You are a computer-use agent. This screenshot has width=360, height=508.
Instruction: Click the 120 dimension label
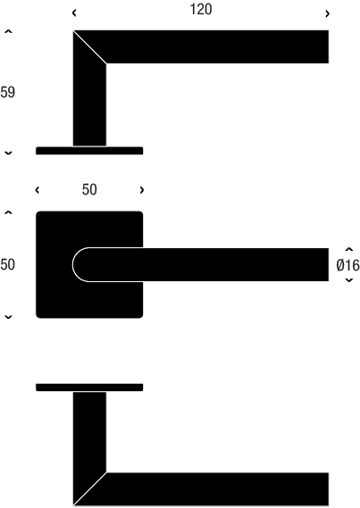pyautogui.click(x=201, y=9)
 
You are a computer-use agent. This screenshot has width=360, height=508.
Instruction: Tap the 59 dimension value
pyautogui.click(x=7, y=92)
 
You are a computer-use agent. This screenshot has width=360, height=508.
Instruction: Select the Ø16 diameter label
pyautogui.click(x=347, y=265)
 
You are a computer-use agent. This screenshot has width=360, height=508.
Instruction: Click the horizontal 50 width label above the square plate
pyautogui.click(x=89, y=189)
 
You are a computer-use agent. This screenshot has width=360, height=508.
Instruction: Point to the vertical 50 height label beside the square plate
pyautogui.click(x=7, y=264)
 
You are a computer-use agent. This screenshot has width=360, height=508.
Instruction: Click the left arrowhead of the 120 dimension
pyautogui.click(x=74, y=13)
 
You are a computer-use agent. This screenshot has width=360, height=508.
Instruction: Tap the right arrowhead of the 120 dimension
pyautogui.click(x=327, y=13)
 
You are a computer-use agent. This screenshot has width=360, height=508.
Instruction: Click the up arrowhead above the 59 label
pyautogui.click(x=8, y=31)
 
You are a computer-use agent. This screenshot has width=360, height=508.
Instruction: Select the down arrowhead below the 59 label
pyautogui.click(x=8, y=153)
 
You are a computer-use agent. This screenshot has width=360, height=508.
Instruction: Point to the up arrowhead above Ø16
pyautogui.click(x=349, y=249)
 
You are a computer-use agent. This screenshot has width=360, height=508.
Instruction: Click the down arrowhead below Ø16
pyautogui.click(x=349, y=280)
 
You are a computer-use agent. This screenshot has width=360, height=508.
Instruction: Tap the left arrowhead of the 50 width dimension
pyautogui.click(x=38, y=190)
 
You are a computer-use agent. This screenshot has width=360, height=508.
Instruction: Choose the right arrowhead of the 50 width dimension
pyautogui.click(x=142, y=190)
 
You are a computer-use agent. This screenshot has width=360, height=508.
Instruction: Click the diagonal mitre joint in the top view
pyautogui.click(x=89, y=47)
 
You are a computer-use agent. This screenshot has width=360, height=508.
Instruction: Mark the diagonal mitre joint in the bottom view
pyautogui.click(x=89, y=489)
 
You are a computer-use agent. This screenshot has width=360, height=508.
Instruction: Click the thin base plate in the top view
pyautogui.click(x=89, y=151)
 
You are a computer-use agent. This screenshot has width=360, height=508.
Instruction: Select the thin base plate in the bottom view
pyautogui.click(x=89, y=387)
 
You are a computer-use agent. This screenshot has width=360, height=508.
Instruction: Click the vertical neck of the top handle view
pyautogui.click(x=89, y=104)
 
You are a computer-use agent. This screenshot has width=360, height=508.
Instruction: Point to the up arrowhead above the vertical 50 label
pyautogui.click(x=8, y=212)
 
